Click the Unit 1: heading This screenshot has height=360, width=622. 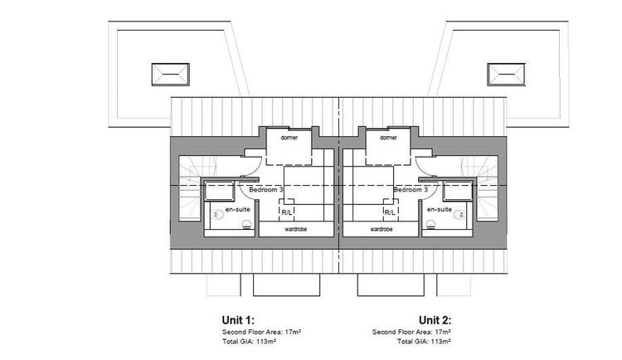coord(238,320)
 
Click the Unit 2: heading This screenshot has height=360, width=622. coord(435,320)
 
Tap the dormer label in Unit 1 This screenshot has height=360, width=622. coord(289,138)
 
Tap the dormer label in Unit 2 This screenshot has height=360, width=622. coord(388,138)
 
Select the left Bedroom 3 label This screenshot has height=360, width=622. coord(266,190)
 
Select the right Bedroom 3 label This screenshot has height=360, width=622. coord(411,190)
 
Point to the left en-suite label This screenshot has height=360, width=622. coord(238,209)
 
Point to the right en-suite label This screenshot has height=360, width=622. coord(440,209)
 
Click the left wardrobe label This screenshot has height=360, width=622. coord(295,230)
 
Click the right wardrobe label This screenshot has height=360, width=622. coord(381,230)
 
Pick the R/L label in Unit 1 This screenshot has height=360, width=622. coord(286,212)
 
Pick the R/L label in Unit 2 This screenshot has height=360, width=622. coord(390,212)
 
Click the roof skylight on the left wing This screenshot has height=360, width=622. coord(171,74)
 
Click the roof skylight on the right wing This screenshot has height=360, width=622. coord(506,74)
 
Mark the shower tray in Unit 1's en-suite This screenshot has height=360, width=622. coord(220,191)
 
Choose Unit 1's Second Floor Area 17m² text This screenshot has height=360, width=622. coord(261,332)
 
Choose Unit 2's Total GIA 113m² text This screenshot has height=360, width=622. coord(424,342)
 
